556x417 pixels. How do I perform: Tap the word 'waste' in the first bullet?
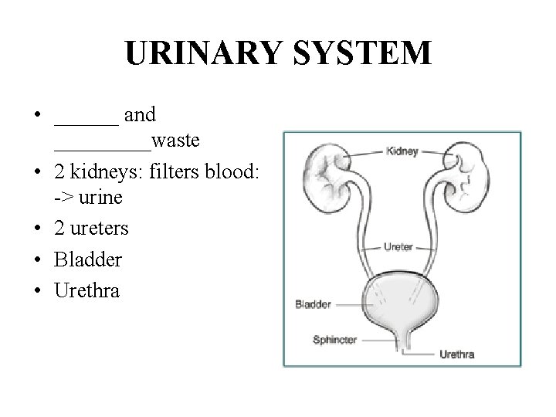[176, 141]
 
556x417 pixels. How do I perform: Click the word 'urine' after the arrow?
[100, 198]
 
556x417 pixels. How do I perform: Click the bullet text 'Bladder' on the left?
[88, 260]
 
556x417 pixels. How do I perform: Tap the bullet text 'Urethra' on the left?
[87, 291]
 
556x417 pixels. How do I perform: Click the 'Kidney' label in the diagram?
[402, 152]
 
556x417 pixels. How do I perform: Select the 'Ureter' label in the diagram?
[398, 247]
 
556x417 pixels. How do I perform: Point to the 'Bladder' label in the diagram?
[313, 304]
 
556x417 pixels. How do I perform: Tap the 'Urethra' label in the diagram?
[457, 354]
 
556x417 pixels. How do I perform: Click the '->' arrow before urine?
[63, 198]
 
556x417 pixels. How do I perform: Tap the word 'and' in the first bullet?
[140, 115]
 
